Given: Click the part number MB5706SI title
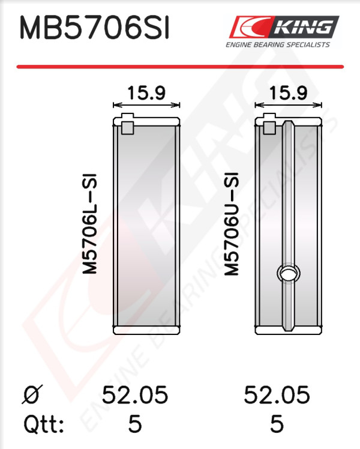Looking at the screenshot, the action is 94,28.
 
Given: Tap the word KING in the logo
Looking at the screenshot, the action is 304,27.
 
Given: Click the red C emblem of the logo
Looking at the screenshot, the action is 250,26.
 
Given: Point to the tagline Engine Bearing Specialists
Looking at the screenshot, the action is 278,44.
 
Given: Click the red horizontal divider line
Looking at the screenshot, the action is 180,67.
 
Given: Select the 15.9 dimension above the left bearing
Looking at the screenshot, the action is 146,93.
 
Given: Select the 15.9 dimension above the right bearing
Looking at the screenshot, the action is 288,93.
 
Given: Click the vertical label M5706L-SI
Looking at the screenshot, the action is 90,224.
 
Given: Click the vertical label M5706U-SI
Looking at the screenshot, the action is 231,224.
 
